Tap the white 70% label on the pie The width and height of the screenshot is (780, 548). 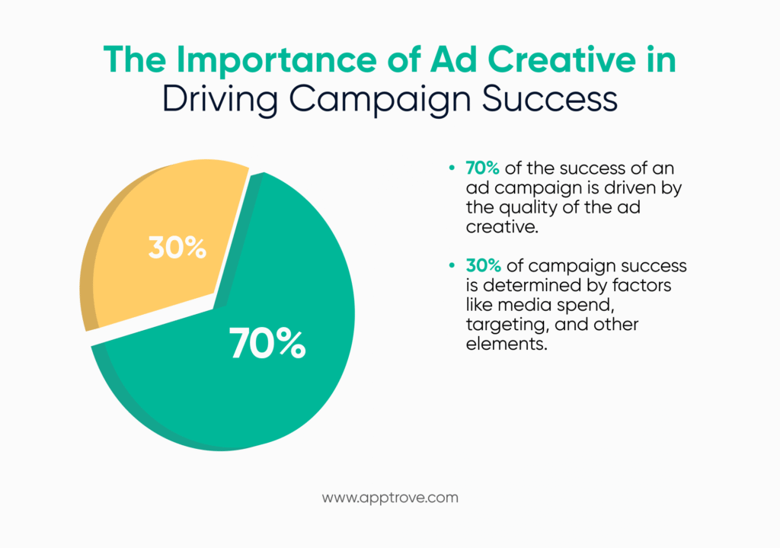tap(267, 345)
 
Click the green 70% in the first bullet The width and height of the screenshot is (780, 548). tap(481, 168)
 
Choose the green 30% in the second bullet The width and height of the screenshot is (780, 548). tap(482, 266)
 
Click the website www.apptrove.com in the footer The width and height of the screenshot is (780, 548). tap(390, 498)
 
